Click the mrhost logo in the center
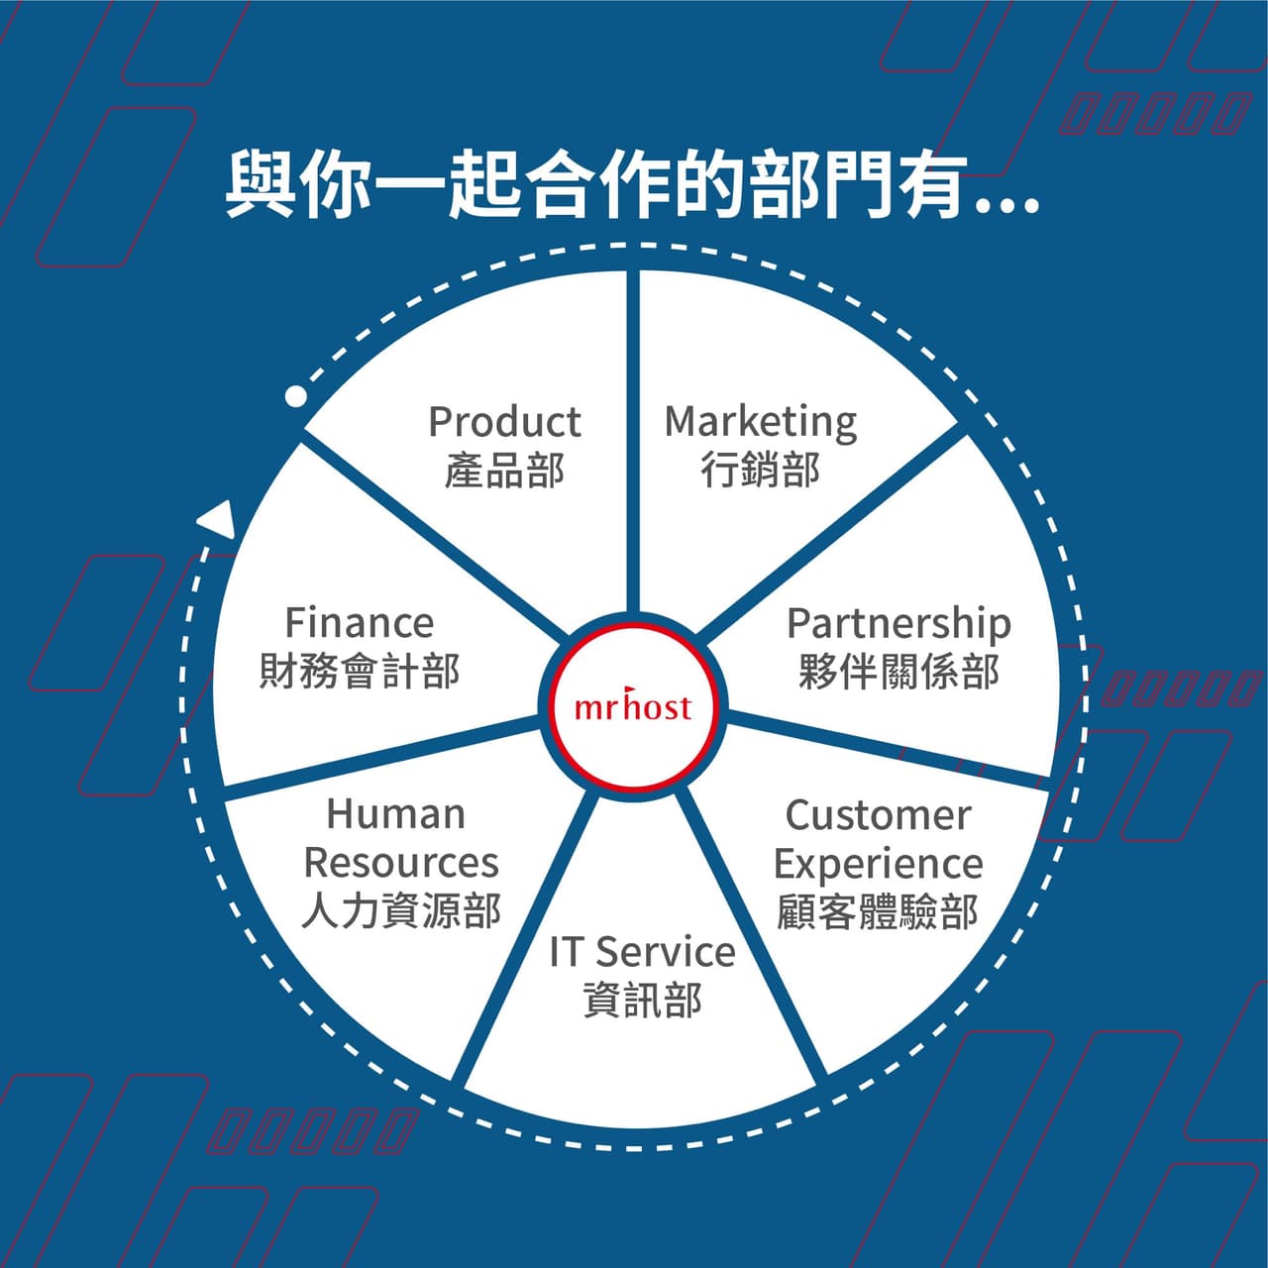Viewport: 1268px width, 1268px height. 633,706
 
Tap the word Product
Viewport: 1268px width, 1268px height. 504,421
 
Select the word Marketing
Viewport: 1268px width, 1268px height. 761,423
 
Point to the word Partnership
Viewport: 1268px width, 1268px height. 898,624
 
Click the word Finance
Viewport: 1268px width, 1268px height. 360,622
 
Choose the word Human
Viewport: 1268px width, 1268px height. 396,814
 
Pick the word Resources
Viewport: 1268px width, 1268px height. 401,862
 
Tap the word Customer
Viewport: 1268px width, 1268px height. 879,815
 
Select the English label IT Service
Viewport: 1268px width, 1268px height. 642,951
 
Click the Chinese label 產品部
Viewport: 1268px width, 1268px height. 504,471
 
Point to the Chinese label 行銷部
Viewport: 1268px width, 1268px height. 761,471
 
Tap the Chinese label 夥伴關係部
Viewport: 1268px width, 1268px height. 898,672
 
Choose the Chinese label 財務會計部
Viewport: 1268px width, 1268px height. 360,672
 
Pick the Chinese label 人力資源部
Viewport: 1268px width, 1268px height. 401,910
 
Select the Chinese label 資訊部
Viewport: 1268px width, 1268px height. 642,1001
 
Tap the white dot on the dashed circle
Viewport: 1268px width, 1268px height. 296,396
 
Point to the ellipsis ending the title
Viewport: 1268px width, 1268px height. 1007,207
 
